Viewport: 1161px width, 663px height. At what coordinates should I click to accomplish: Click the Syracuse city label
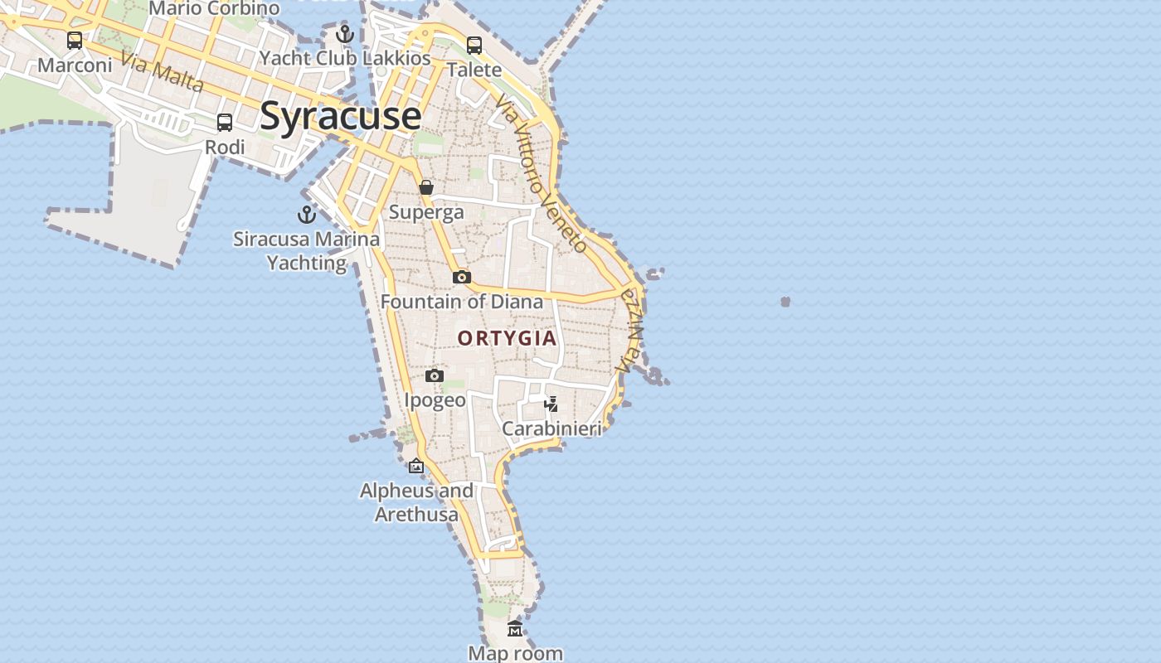point(340,115)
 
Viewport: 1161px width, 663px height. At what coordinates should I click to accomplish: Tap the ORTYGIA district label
point(507,338)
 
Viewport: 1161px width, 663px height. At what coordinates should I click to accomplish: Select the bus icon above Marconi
point(75,40)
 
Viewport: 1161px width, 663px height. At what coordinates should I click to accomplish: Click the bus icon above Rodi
point(225,123)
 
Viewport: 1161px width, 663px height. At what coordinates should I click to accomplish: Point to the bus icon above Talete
point(474,45)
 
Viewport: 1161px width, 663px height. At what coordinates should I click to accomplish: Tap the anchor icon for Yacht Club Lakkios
point(345,34)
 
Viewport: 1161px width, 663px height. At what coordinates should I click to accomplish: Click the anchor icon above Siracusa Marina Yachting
point(307,215)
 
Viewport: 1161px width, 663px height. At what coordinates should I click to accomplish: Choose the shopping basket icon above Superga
point(426,187)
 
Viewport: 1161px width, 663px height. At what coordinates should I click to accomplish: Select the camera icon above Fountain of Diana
point(462,277)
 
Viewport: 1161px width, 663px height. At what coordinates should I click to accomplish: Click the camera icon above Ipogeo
point(434,376)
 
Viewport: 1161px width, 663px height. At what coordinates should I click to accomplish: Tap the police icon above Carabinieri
point(551,404)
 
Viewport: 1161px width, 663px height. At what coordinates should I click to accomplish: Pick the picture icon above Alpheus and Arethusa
point(416,467)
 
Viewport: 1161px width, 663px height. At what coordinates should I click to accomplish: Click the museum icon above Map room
point(515,629)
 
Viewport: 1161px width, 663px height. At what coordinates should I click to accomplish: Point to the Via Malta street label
point(162,71)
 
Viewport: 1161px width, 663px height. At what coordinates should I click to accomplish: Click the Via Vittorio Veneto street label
point(542,172)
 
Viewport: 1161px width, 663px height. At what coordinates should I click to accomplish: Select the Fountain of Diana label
point(462,302)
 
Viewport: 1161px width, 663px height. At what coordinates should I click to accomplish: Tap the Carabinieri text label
point(551,428)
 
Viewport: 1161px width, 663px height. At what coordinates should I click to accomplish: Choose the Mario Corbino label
point(214,8)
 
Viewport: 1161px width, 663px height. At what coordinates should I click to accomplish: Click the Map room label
point(516,653)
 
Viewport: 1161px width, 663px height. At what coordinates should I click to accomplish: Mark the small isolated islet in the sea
point(785,302)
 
